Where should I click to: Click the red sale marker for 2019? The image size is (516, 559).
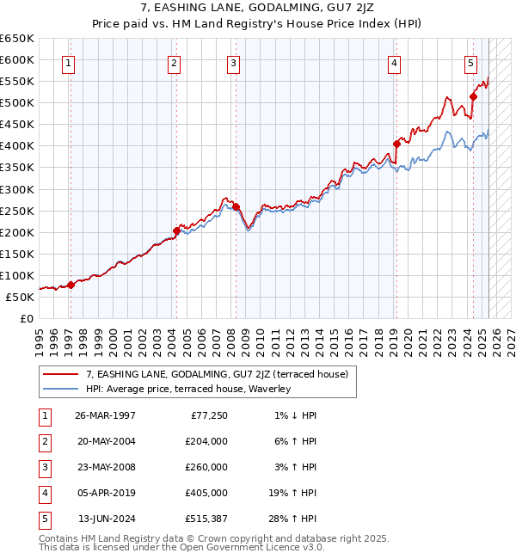coord(396,144)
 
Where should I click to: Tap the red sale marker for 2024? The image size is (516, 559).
coord(473,96)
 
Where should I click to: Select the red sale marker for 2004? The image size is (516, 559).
coord(176,230)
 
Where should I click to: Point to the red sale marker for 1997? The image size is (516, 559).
coord(71,286)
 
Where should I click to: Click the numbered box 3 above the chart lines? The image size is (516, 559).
coord(234,62)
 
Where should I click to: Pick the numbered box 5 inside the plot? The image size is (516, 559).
coord(470,62)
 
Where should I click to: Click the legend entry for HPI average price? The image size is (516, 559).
coord(188,389)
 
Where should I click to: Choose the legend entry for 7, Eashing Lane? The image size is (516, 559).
coord(216,374)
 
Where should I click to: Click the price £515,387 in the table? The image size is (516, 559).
coord(206,519)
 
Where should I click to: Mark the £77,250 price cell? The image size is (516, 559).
coord(209,415)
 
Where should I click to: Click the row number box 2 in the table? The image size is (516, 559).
coord(43,441)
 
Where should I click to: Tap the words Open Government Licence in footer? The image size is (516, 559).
coord(253,547)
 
